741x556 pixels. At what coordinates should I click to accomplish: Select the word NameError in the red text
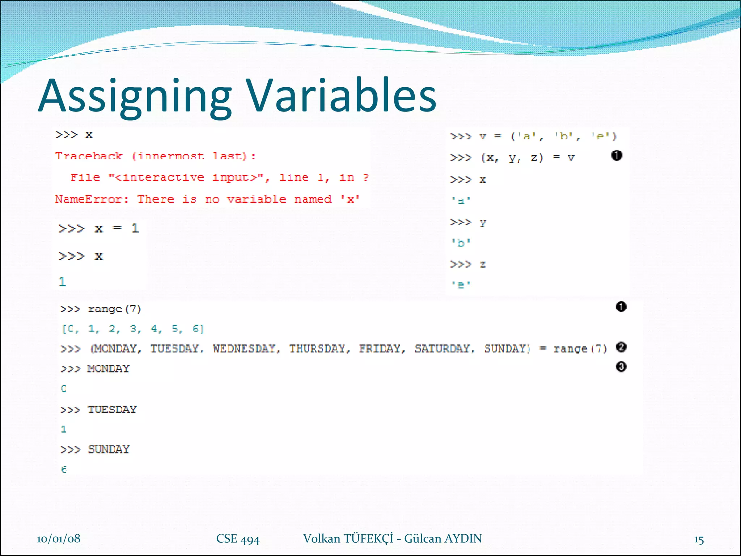pyautogui.click(x=88, y=199)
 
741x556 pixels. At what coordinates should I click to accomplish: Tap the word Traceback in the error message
pyautogui.click(x=89, y=156)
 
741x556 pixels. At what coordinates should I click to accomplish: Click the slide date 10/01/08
pyautogui.click(x=59, y=539)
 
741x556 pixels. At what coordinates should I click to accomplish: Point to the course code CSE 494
pyautogui.click(x=238, y=539)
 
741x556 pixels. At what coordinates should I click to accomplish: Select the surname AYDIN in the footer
pyautogui.click(x=463, y=539)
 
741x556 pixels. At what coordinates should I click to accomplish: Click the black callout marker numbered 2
pyautogui.click(x=621, y=347)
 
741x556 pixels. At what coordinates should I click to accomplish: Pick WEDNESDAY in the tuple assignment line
pyautogui.click(x=244, y=349)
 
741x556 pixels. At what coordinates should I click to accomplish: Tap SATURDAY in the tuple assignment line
pyautogui.click(x=442, y=349)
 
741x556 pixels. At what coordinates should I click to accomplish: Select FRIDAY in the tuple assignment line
pyautogui.click(x=380, y=349)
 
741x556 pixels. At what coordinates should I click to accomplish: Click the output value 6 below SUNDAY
pyautogui.click(x=64, y=469)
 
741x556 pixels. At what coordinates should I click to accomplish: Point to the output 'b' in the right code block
pyautogui.click(x=461, y=243)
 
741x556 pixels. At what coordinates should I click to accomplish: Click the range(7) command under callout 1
pyautogui.click(x=114, y=309)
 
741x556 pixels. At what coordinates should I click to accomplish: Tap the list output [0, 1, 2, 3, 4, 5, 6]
pyautogui.click(x=133, y=329)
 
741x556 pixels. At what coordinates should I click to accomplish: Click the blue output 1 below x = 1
pyautogui.click(x=63, y=282)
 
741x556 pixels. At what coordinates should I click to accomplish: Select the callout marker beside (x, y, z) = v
pyautogui.click(x=617, y=156)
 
